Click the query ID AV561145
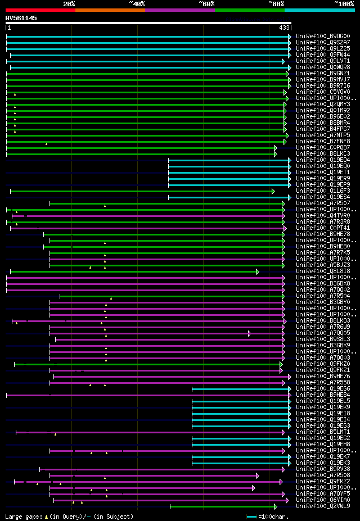click(x=21, y=18)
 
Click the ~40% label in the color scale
click(x=137, y=4)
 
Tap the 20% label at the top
click(x=69, y=4)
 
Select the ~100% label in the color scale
click(x=344, y=4)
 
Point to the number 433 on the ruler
click(x=284, y=28)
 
